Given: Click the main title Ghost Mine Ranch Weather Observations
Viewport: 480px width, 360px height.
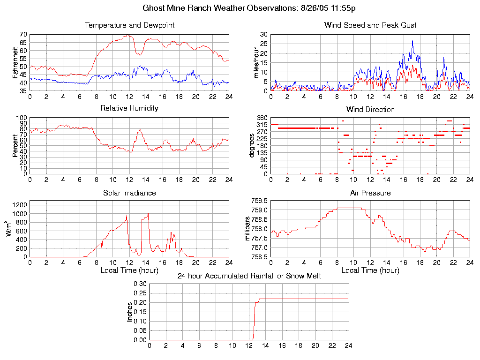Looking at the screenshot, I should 240,8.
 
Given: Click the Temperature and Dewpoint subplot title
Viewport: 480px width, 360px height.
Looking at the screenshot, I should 129,25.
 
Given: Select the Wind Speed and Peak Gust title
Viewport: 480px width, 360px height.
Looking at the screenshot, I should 370,25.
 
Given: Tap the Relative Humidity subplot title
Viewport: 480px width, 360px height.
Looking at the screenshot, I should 129,108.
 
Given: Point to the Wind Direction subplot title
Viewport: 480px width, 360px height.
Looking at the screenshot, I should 370,110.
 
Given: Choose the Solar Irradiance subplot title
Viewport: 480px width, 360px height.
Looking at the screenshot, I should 129,193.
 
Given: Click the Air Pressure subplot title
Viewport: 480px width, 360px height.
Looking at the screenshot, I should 370,193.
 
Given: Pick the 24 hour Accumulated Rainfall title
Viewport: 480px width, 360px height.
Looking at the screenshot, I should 249,276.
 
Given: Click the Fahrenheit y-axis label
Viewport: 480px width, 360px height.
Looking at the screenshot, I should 16,62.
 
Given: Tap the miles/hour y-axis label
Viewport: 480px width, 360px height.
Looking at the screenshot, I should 256,62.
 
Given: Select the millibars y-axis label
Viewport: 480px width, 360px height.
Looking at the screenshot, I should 248,229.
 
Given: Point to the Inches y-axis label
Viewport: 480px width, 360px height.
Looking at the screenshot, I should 130,312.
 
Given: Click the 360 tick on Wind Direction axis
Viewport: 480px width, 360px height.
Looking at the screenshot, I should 261,118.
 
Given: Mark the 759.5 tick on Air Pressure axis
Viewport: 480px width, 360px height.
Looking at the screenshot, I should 259,201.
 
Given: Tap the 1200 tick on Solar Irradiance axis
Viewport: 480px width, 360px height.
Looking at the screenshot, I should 21,204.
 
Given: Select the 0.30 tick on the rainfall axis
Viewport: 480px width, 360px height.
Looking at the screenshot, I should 139,284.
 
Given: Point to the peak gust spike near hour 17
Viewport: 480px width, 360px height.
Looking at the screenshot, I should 412,41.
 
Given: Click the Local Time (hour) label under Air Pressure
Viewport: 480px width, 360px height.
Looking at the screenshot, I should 370,270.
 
